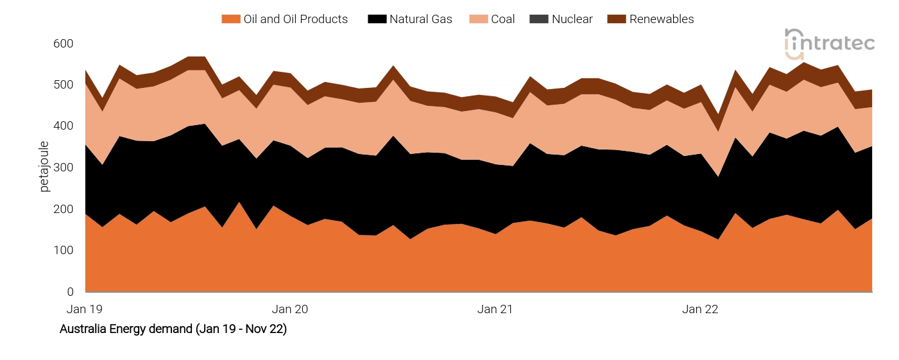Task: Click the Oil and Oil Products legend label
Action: (295, 19)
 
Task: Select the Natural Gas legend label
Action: (420, 19)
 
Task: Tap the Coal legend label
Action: (502, 19)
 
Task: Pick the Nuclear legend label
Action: (572, 19)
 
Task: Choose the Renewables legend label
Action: (661, 19)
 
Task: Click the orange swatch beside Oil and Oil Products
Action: (230, 19)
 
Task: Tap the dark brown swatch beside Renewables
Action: (617, 19)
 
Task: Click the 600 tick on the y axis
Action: (64, 44)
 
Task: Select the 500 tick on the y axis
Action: (64, 85)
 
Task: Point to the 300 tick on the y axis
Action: (64, 168)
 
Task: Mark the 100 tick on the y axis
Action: (64, 251)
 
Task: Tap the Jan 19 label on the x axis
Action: (85, 309)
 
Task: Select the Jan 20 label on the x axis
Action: (290, 309)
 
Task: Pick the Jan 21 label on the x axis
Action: (495, 309)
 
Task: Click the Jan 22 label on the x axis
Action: (700, 309)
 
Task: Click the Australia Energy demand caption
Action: (173, 329)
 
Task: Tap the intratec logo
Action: (829, 44)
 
